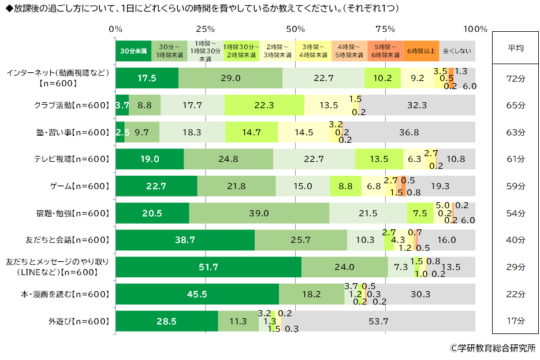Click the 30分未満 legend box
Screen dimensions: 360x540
click(x=133, y=51)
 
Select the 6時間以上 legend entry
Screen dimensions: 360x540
click(x=421, y=51)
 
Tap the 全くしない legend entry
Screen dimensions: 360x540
click(x=457, y=51)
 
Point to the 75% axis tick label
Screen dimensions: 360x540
click(x=386, y=29)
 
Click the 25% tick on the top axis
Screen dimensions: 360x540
click(x=206, y=29)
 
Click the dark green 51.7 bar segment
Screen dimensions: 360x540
click(x=208, y=267)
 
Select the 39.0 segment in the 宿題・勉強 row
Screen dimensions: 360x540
click(x=259, y=213)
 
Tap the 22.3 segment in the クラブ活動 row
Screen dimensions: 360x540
click(x=265, y=105)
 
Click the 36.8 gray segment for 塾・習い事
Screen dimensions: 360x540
click(x=409, y=132)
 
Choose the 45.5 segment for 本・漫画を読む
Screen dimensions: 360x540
click(x=197, y=294)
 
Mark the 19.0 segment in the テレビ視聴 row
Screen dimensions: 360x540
click(x=150, y=159)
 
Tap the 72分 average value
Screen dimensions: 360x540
click(x=515, y=77)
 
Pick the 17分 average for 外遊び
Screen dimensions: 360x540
click(x=515, y=321)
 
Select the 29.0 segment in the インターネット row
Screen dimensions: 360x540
click(x=230, y=78)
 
